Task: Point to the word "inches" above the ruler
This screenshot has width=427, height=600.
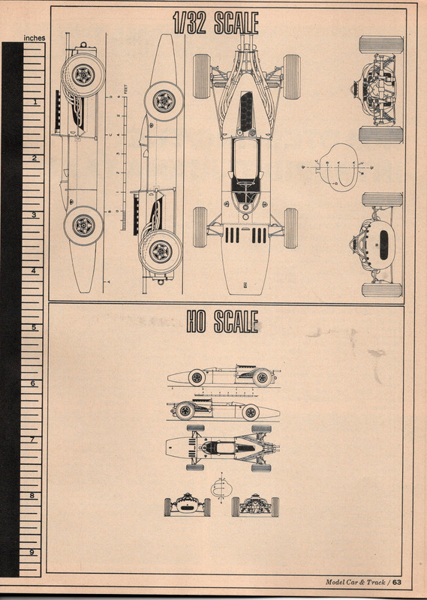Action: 35,37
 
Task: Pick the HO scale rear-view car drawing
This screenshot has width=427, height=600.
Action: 254,506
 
